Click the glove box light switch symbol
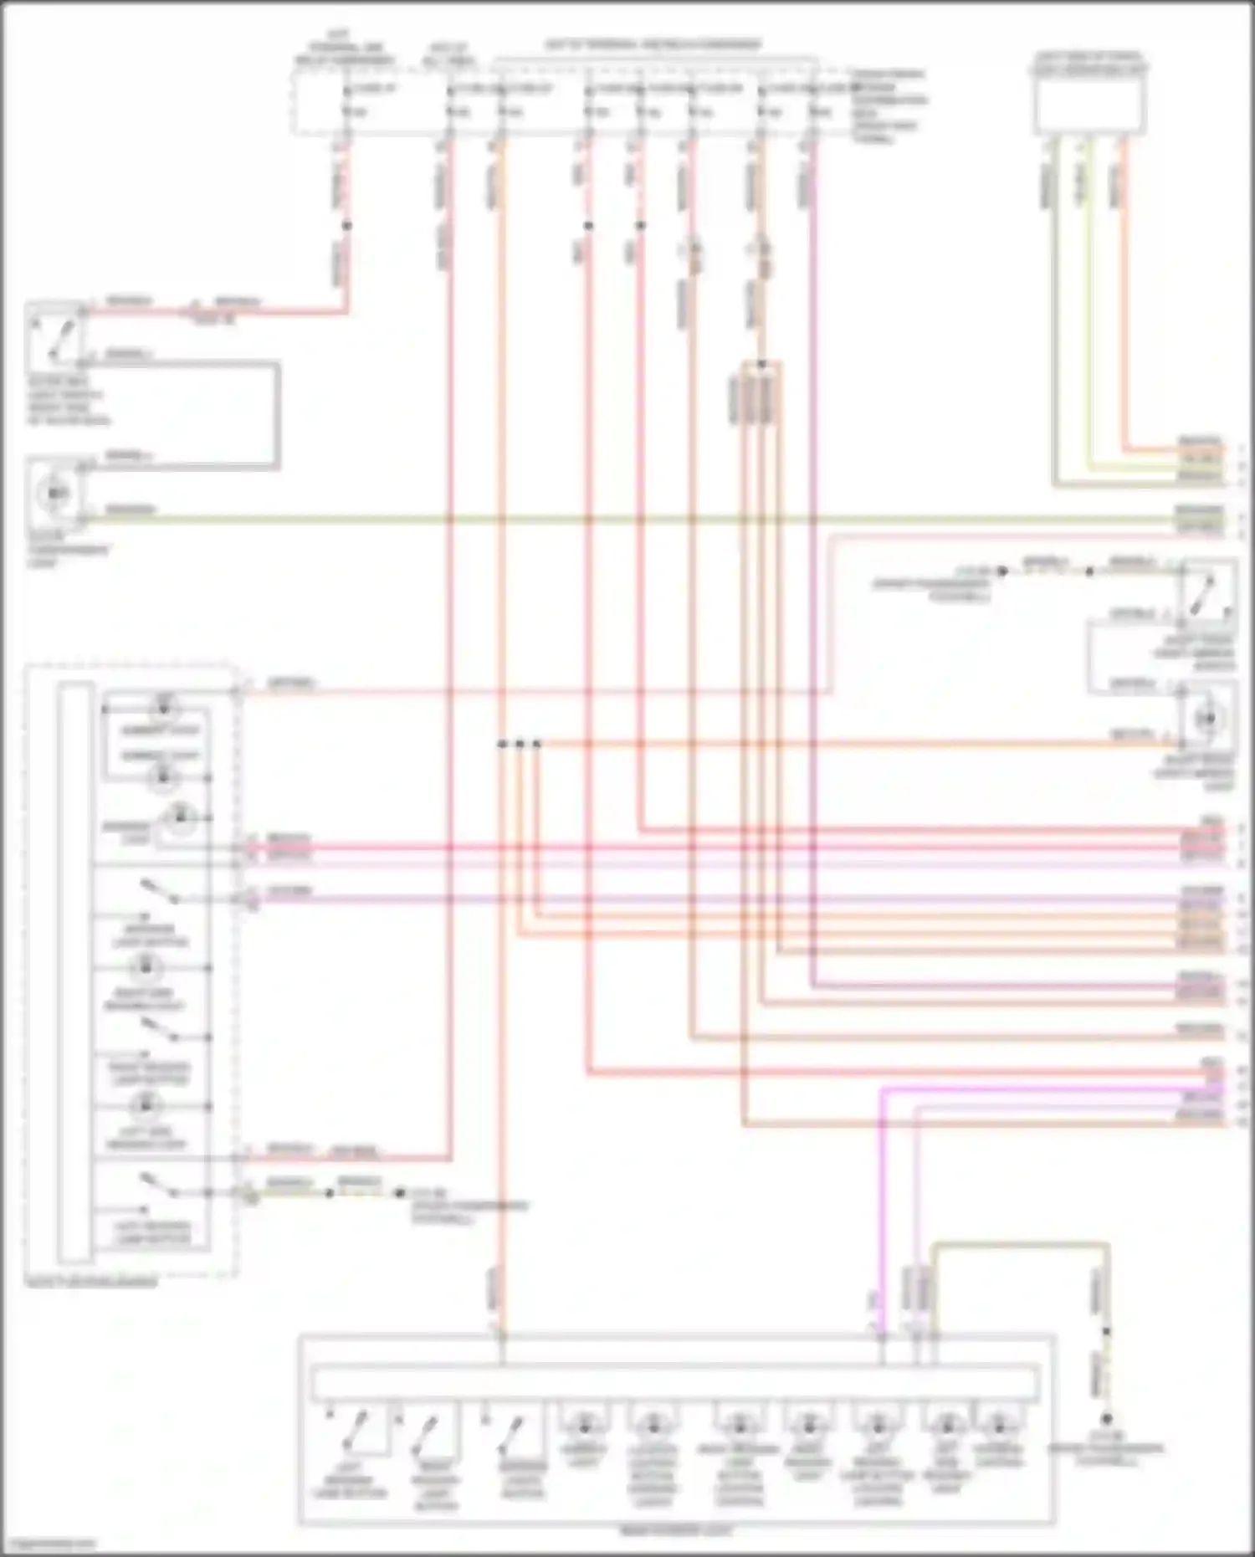click(56, 336)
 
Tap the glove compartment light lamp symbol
click(56, 494)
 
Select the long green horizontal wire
click(627, 520)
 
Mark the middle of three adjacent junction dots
click(520, 743)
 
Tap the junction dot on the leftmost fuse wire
click(347, 226)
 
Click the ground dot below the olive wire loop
click(1106, 1419)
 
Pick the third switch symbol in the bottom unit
click(510, 1432)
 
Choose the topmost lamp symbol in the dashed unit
click(164, 707)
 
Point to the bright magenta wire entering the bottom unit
click(881, 1213)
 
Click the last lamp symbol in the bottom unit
click(998, 1424)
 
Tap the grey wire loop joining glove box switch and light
click(276, 416)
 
